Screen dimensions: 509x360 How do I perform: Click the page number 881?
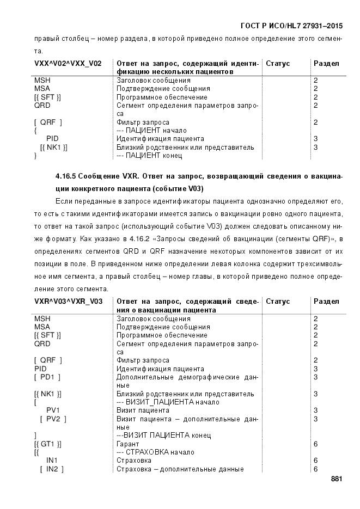336,479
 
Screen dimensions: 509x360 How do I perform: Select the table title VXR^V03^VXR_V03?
68,302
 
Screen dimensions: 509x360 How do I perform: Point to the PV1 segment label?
53,410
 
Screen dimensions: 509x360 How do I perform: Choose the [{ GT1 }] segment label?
47,444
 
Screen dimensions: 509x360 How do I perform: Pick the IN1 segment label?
52,461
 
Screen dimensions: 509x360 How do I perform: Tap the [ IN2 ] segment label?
52,469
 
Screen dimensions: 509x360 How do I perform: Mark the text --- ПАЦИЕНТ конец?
149,156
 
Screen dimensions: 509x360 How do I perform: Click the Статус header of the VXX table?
278,64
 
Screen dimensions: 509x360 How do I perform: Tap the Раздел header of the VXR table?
326,302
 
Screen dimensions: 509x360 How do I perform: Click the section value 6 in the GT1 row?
316,444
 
